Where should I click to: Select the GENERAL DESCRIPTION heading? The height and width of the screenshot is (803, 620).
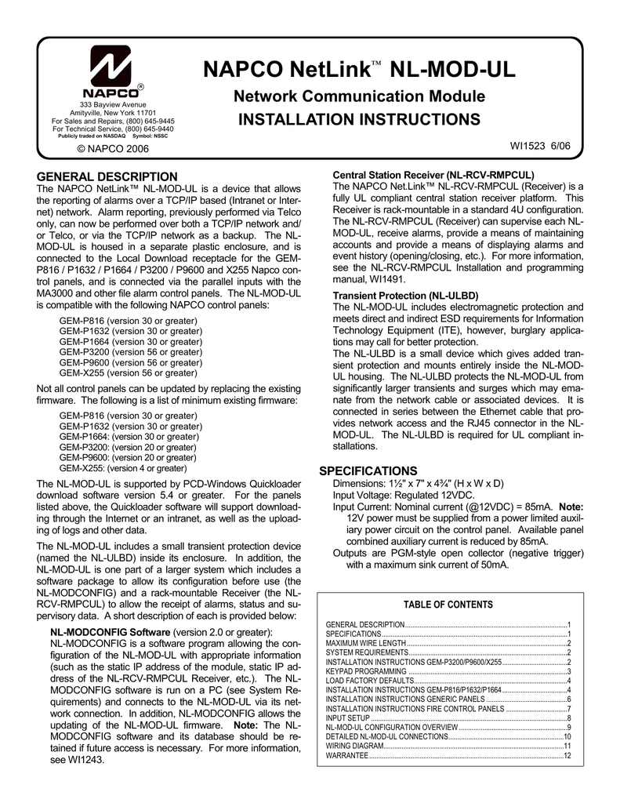[x=107, y=176]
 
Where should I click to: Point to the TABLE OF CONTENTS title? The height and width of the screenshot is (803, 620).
[x=448, y=605]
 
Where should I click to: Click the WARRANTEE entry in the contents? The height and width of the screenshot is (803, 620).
[x=346, y=755]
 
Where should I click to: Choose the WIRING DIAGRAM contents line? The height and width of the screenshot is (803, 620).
[x=354, y=746]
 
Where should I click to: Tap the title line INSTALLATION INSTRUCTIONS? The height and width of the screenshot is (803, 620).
[x=359, y=120]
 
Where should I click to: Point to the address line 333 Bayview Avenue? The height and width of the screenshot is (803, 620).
[x=113, y=105]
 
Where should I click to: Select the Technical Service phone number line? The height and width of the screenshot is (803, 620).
[x=113, y=129]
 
